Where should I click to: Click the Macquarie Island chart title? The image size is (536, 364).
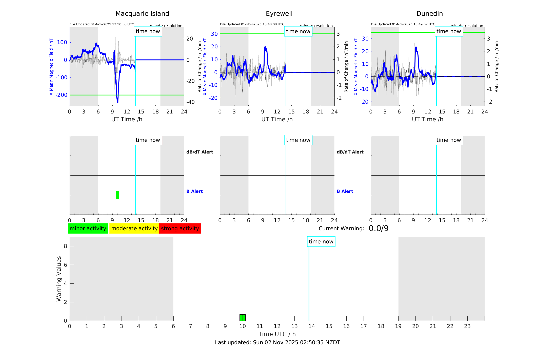click(x=142, y=14)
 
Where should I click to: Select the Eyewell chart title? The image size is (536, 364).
click(x=279, y=14)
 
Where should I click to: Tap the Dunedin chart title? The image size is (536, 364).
click(x=429, y=14)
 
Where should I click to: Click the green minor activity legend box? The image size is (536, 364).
click(x=88, y=228)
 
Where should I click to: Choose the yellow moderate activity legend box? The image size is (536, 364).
click(x=134, y=228)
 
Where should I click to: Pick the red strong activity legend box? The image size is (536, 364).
click(x=180, y=228)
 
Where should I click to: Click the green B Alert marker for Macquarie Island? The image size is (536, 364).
click(x=117, y=195)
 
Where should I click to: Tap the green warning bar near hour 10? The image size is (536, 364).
click(x=243, y=318)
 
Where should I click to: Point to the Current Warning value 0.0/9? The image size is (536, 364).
click(x=379, y=228)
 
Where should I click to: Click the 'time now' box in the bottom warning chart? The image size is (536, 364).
click(x=321, y=242)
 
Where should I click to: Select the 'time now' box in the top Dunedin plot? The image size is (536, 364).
click(x=449, y=31)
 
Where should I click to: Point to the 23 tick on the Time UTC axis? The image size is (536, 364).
click(x=467, y=326)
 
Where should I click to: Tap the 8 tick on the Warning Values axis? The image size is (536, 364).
click(x=65, y=246)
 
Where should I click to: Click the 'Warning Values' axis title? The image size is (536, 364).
click(x=59, y=279)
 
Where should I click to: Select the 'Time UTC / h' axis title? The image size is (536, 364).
click(x=277, y=334)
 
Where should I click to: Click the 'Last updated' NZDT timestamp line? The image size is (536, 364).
click(x=277, y=342)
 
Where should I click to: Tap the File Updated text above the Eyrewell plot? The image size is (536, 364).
click(x=252, y=24)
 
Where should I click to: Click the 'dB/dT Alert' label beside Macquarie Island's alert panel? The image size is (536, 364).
click(x=200, y=152)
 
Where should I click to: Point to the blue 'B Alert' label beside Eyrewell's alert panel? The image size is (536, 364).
click(x=345, y=191)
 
